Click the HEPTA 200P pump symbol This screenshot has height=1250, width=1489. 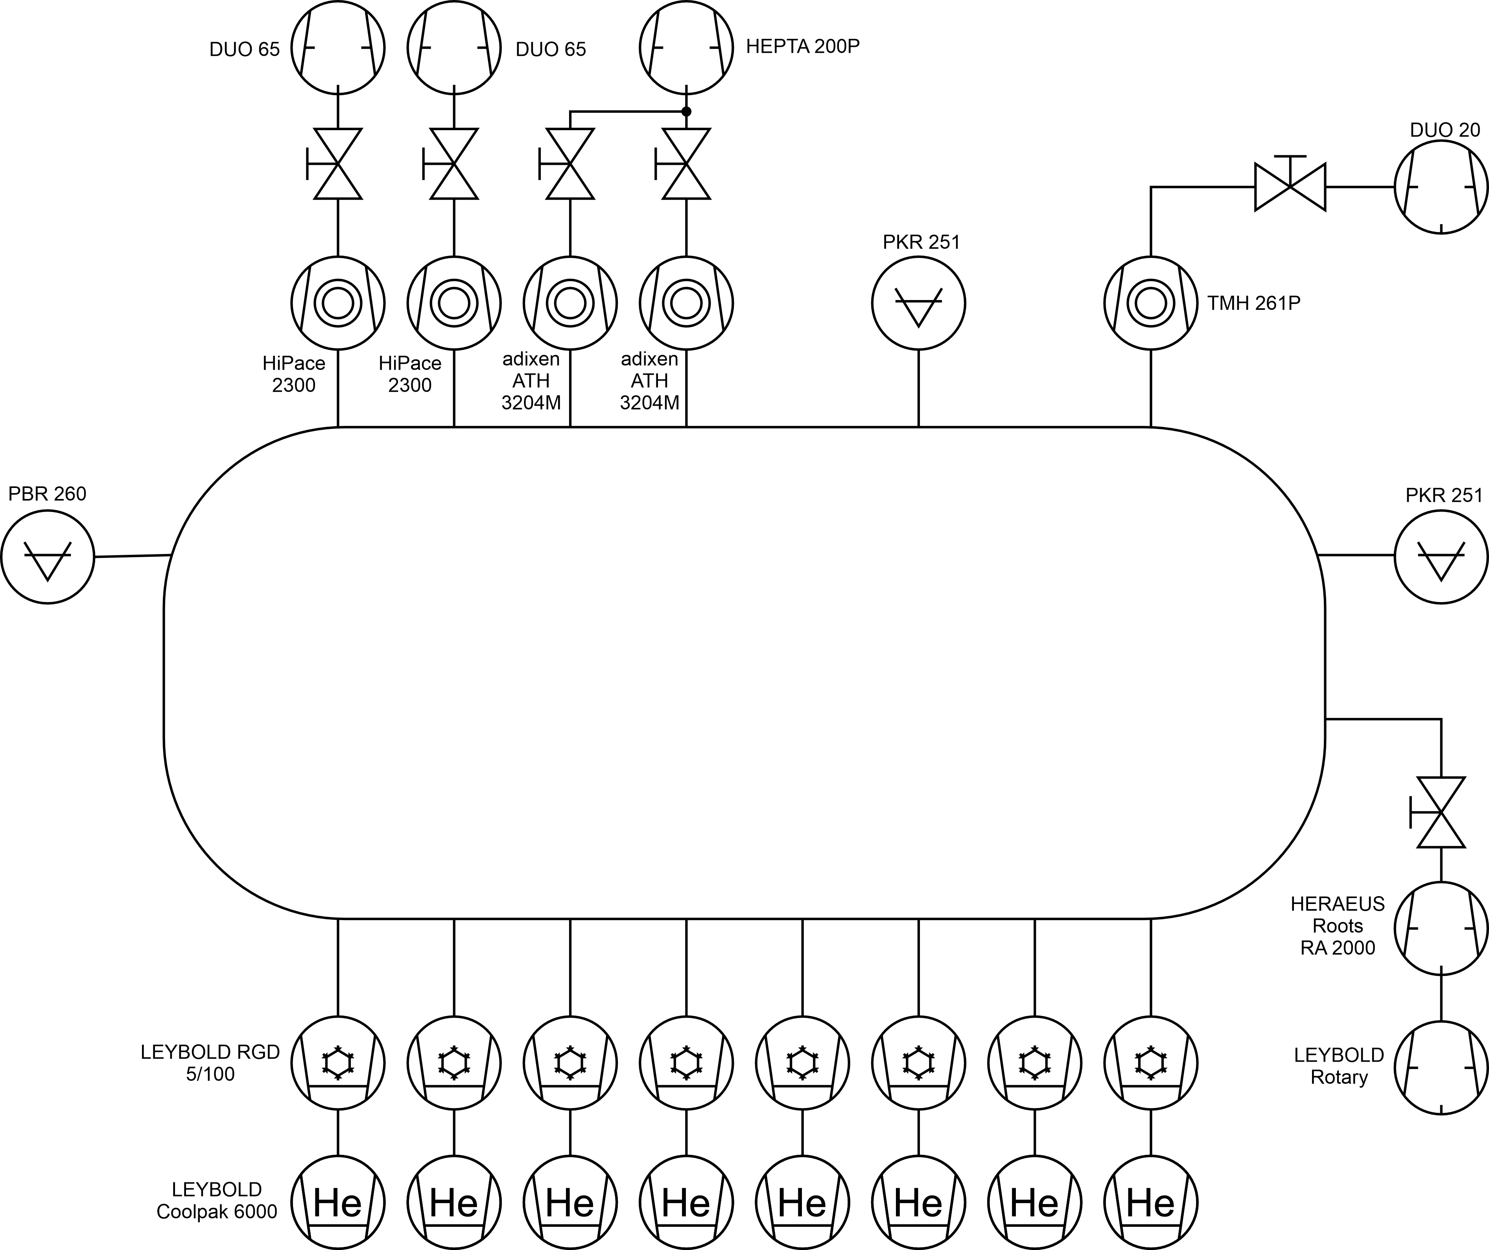coord(686,48)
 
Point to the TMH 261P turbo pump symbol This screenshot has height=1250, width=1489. coord(1151,303)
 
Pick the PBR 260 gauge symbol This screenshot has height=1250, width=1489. coord(48,557)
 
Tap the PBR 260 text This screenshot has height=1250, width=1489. coord(48,493)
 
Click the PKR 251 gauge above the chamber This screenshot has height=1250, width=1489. coord(918,303)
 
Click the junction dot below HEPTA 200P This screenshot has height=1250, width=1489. coord(686,111)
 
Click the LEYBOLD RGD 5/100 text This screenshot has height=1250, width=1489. coord(210,1062)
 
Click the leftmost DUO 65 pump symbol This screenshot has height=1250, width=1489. coord(337,48)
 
